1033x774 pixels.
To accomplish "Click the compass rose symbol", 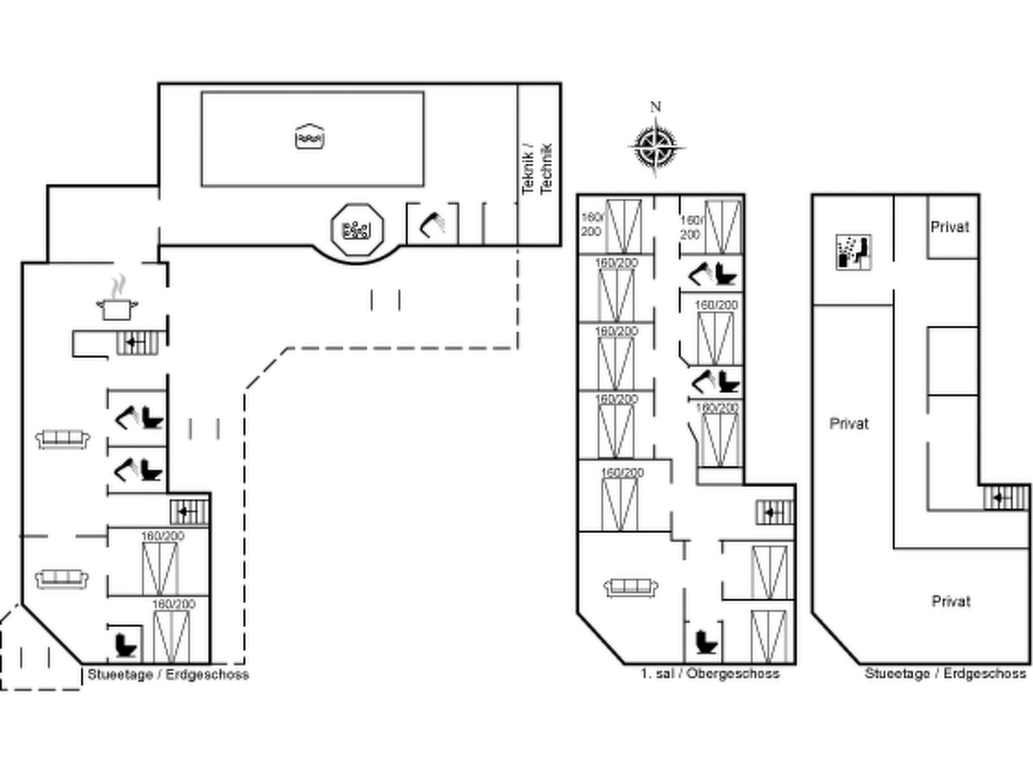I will click(x=656, y=147).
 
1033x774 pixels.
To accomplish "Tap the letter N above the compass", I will click(x=655, y=107).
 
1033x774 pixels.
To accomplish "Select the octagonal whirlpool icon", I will click(x=357, y=230).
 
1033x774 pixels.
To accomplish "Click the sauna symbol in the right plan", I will click(x=853, y=252).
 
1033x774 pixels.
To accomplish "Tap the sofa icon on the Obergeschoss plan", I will click(x=631, y=588).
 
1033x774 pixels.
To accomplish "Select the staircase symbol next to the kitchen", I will click(x=137, y=343).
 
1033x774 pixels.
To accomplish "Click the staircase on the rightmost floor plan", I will click(x=1006, y=498).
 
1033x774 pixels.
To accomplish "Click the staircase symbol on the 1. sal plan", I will click(x=775, y=513).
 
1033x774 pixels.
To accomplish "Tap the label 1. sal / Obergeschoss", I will click(x=710, y=674).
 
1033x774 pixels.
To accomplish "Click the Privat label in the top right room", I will click(x=950, y=227).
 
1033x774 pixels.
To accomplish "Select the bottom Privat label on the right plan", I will click(x=951, y=601).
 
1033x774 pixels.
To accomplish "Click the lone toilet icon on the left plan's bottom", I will click(x=126, y=645).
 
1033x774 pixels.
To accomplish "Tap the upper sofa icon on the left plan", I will click(x=63, y=439).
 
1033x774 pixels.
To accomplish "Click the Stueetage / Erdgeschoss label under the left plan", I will click(x=168, y=675).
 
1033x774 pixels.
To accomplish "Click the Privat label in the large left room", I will click(x=849, y=424).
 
